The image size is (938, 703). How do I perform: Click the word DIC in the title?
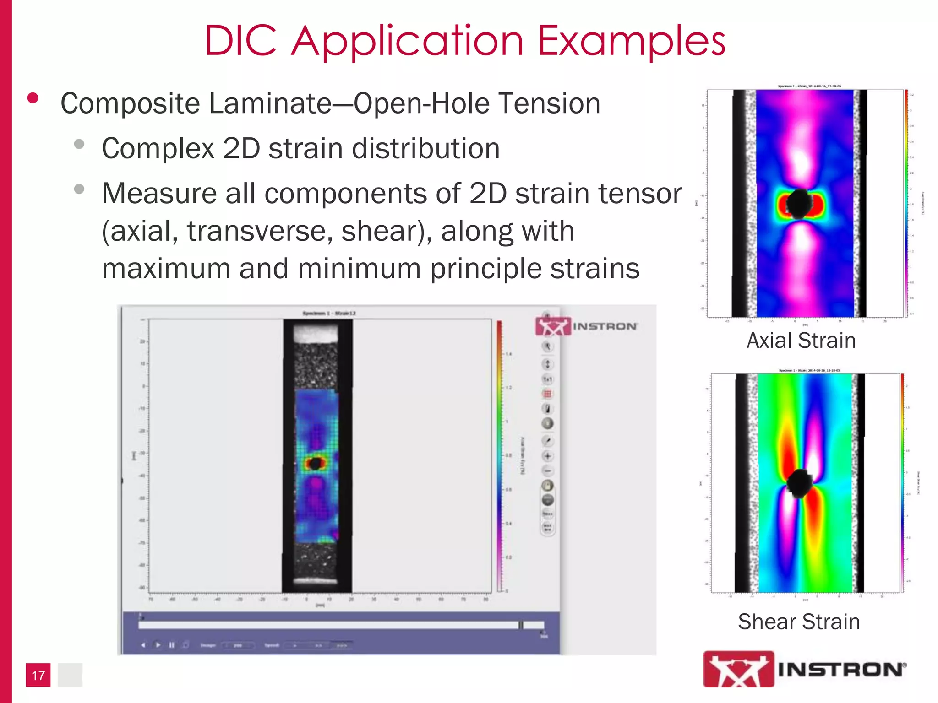click(x=240, y=41)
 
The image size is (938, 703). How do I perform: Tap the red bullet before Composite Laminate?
click(x=33, y=98)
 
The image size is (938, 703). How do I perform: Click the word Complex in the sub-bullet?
click(x=158, y=149)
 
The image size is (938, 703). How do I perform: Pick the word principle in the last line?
click(x=485, y=269)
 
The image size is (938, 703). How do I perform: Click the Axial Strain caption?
click(x=801, y=341)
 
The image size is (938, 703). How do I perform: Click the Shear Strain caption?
click(x=799, y=622)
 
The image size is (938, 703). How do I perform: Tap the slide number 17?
click(x=38, y=675)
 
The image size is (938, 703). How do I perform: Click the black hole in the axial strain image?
click(x=800, y=204)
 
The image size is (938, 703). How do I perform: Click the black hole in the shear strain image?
click(x=800, y=483)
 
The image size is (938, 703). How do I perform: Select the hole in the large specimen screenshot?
click(x=315, y=464)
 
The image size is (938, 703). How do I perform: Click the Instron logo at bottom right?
click(x=804, y=669)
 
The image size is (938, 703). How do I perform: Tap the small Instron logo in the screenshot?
click(x=586, y=326)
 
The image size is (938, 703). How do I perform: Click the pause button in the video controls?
click(x=172, y=645)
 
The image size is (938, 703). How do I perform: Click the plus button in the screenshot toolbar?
click(x=547, y=456)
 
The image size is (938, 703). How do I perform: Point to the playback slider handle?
click(x=521, y=625)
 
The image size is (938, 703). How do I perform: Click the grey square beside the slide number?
click(x=70, y=675)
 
